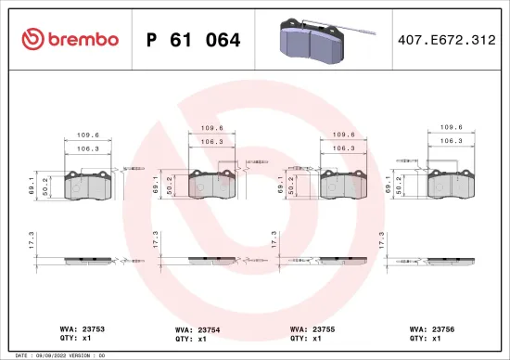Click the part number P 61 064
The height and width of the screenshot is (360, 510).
(194, 40)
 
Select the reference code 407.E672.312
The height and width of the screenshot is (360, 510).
(446, 40)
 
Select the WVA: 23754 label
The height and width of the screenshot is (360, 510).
(196, 328)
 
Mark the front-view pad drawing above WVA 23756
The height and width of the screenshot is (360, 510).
(450, 186)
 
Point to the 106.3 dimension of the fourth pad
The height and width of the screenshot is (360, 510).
(451, 141)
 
